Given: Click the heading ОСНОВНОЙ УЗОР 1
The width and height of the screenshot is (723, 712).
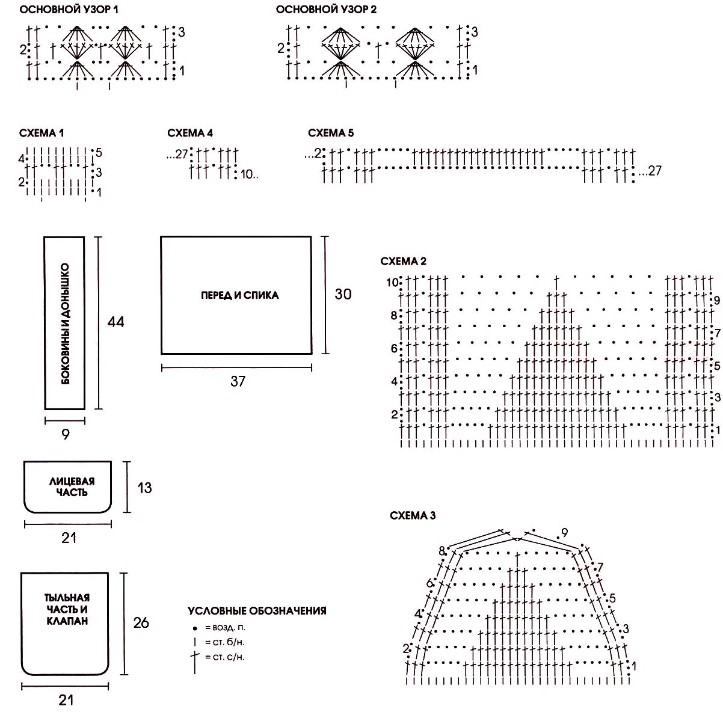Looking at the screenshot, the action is [x=69, y=10].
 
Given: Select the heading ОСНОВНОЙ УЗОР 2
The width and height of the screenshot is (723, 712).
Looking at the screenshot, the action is [x=326, y=10].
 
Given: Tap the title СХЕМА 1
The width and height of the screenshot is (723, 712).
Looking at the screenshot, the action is [x=42, y=133].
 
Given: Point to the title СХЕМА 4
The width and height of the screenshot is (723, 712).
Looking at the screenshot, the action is [x=190, y=133].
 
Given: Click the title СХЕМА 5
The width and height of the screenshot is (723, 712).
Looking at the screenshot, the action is [x=331, y=133].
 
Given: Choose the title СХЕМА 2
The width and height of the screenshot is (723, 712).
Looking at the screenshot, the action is [x=404, y=261].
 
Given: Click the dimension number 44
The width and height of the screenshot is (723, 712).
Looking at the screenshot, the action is [x=115, y=322].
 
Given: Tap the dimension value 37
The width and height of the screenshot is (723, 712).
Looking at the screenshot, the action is [x=238, y=381].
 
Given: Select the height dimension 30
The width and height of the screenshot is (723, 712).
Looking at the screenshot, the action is [x=343, y=294].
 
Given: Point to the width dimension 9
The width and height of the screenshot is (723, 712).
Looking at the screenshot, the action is [x=66, y=434].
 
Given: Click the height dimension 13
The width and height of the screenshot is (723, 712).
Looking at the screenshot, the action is [x=144, y=488].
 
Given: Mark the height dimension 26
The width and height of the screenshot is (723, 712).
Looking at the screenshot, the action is [x=141, y=623].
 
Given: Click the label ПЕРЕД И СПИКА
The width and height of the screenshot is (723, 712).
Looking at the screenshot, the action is [x=240, y=295].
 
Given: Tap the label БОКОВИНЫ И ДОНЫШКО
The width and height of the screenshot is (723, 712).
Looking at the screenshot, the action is [x=66, y=324].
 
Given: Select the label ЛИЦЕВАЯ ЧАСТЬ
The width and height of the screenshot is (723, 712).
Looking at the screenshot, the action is [x=72, y=486].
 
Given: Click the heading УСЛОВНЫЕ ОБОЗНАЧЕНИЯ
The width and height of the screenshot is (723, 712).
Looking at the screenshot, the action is [x=257, y=611].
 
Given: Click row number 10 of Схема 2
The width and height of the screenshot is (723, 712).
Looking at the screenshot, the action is [x=392, y=282].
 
